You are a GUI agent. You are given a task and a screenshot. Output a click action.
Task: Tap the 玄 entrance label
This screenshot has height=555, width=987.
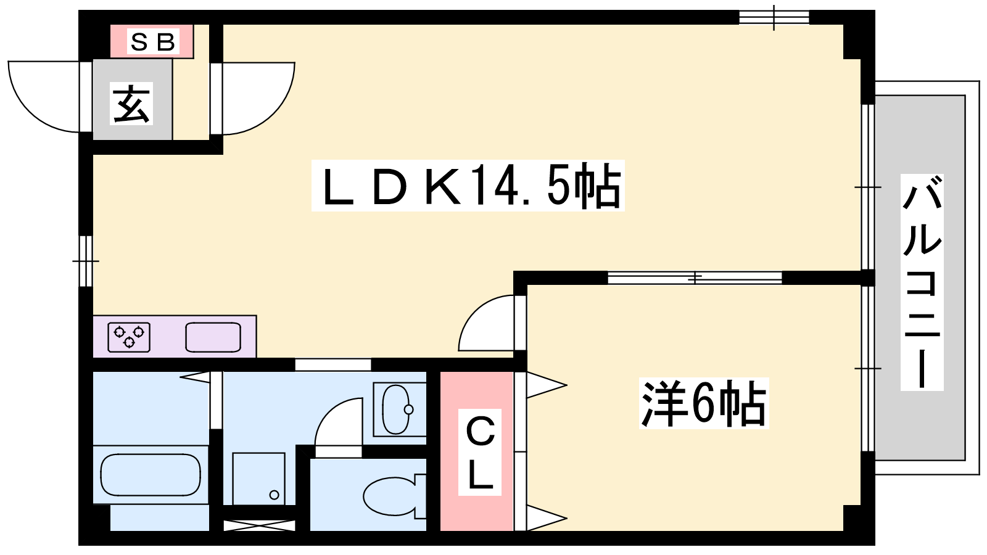pos(131,104)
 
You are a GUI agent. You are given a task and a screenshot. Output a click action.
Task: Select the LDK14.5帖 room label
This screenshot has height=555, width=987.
pos(468,186)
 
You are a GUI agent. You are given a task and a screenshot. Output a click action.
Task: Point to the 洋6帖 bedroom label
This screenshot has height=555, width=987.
pos(704,403)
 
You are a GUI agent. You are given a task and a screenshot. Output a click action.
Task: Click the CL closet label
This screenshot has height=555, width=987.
pos(480,453)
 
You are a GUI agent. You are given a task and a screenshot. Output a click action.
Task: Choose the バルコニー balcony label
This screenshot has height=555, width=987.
pos(922,282)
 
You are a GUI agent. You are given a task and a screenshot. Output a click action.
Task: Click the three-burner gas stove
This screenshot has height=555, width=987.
pos(129,337)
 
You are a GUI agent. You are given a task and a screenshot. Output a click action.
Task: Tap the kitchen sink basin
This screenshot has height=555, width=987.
pos(213,337)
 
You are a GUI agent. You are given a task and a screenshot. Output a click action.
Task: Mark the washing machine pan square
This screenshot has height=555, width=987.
pos(258,479)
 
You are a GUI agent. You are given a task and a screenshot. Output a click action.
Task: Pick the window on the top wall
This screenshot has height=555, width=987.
pos(774,17)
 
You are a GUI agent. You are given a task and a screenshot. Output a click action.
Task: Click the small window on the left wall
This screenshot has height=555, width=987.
pos(86,261)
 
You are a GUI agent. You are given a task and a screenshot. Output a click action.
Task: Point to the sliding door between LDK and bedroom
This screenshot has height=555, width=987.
pos(695,277)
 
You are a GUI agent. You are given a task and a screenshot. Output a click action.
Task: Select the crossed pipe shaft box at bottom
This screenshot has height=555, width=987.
pos(259,525)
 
